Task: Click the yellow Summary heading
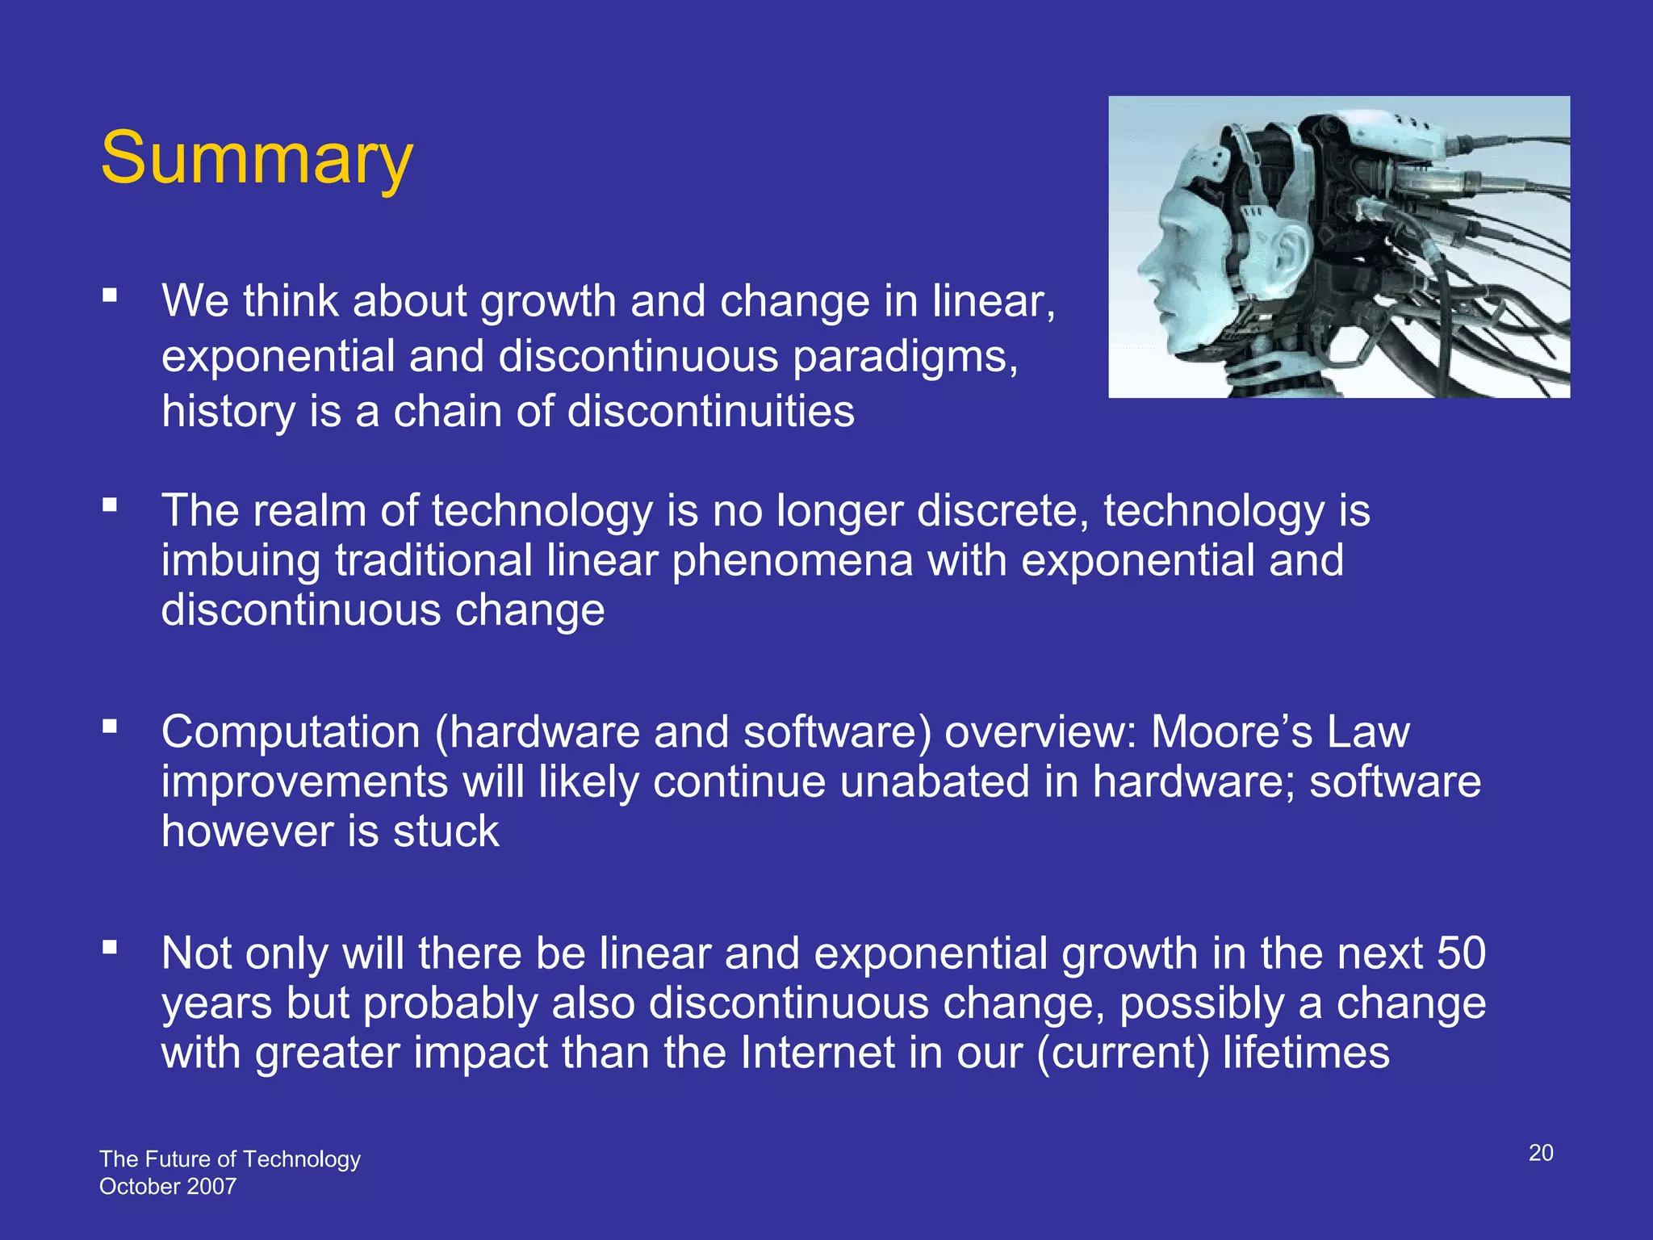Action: click(x=257, y=158)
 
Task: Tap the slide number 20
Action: click(x=1541, y=1153)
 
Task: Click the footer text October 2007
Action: click(x=168, y=1187)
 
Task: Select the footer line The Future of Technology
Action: click(x=230, y=1159)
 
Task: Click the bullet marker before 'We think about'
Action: click(x=111, y=295)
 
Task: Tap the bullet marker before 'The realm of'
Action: click(x=111, y=505)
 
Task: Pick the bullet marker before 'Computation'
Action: click(x=111, y=727)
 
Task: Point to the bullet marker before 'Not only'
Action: click(x=111, y=948)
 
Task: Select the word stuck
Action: click(x=446, y=832)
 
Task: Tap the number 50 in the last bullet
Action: click(x=1461, y=953)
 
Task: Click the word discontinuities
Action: click(x=710, y=411)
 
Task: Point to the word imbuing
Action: click(x=241, y=561)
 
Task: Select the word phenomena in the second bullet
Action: click(x=792, y=561)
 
